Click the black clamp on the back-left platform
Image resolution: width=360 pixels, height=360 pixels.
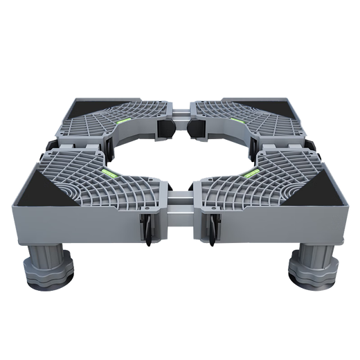pos(164,128)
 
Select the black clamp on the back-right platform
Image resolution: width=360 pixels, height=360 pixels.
pos(196,128)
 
